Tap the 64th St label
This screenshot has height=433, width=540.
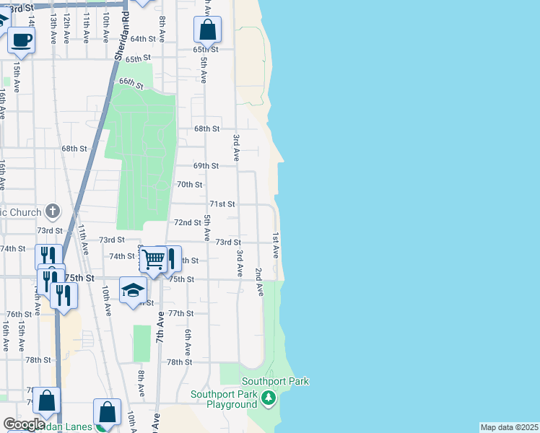[143, 39]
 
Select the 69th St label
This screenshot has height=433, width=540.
[206, 166]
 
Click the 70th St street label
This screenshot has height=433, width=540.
[190, 185]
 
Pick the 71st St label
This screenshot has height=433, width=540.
[222, 204]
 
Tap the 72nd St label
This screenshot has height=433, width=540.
[188, 223]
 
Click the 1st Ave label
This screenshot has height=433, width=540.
[275, 246]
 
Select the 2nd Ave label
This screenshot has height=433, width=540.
[258, 281]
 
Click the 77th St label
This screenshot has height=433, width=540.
[180, 314]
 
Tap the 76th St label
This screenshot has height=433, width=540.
[18, 315]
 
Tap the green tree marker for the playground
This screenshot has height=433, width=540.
[269, 398]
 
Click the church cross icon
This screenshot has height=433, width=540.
[52, 211]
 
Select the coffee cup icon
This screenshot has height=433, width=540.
[21, 40]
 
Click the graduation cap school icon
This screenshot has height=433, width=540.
[133, 290]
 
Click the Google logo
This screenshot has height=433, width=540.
[24, 424]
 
